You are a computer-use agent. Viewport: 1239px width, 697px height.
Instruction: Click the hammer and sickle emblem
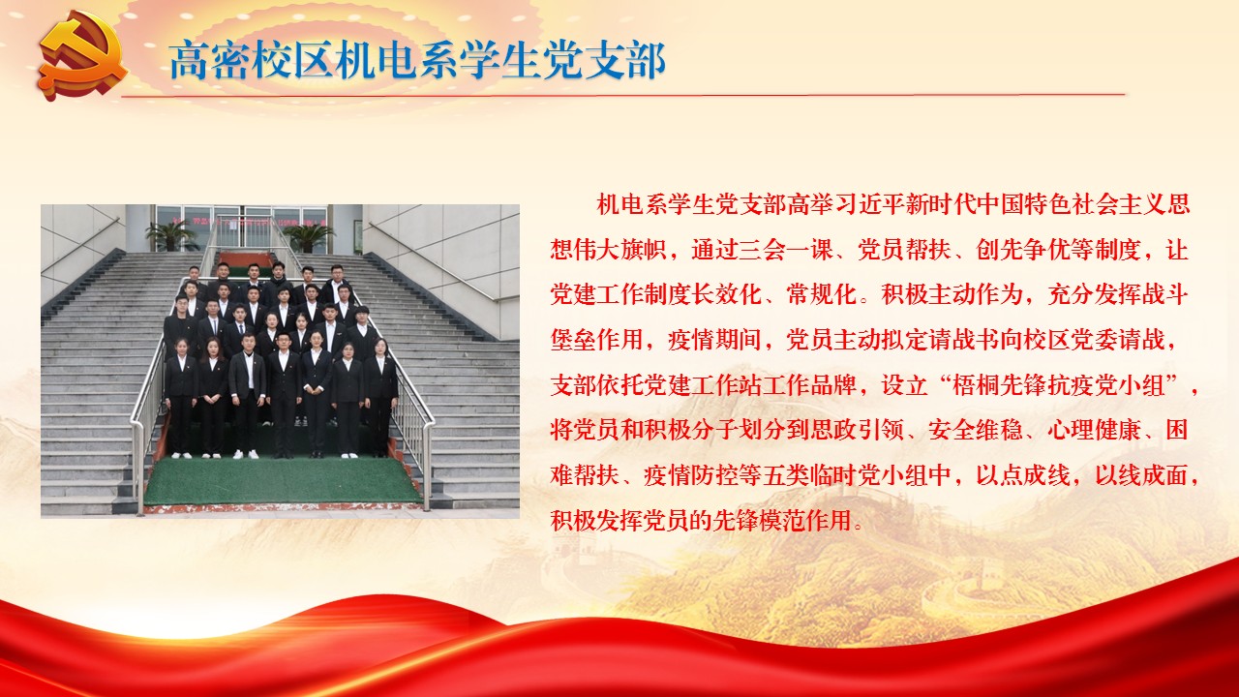click(x=82, y=56)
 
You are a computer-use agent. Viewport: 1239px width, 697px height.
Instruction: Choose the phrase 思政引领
click(x=857, y=430)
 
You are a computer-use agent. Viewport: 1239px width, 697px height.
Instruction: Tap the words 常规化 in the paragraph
click(x=822, y=294)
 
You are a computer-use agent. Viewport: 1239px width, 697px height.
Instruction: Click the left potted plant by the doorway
click(x=171, y=234)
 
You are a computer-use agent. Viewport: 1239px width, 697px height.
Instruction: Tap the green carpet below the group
click(x=281, y=479)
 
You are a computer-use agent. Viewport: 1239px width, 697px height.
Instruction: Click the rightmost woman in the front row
click(x=380, y=397)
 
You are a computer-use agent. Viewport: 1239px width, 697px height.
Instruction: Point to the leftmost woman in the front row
click(x=181, y=398)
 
